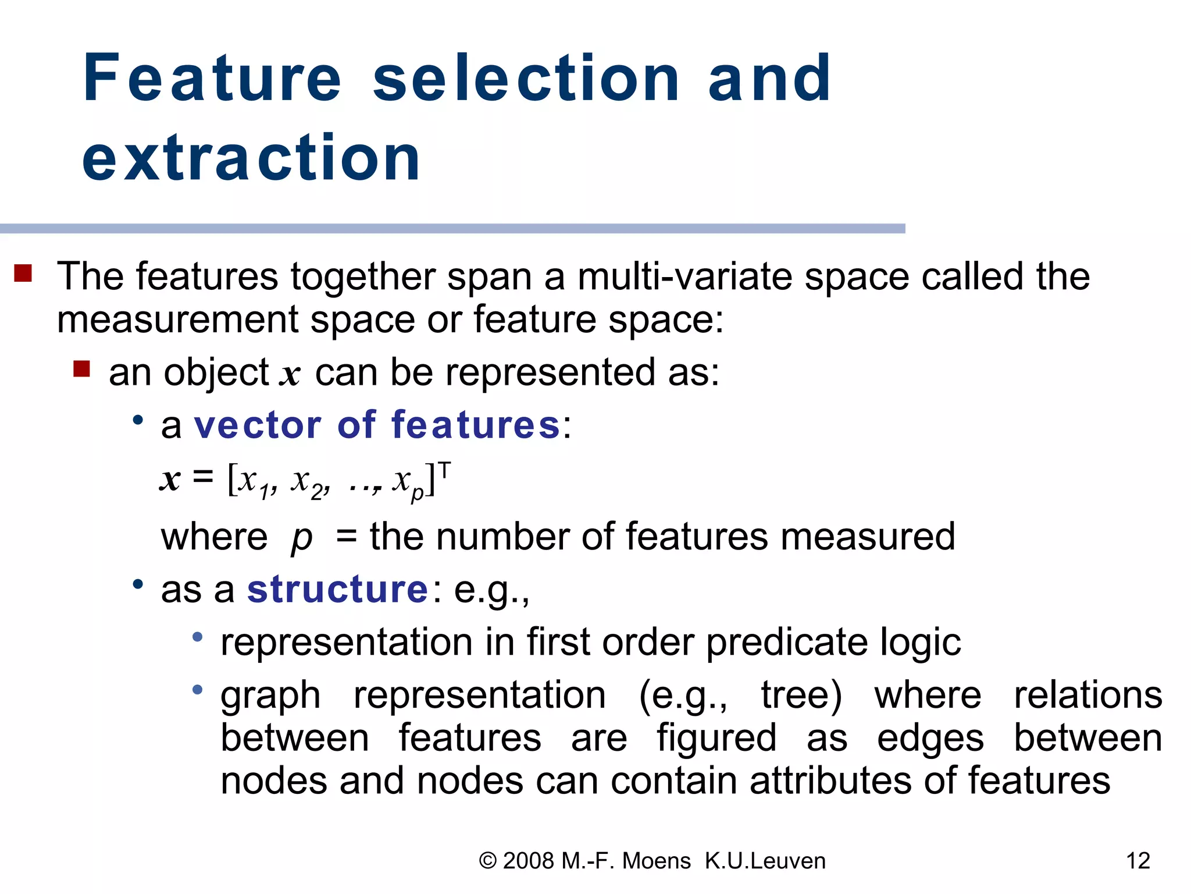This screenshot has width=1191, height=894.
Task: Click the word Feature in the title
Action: pyautogui.click(x=212, y=79)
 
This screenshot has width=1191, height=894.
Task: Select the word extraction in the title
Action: pyautogui.click(x=251, y=158)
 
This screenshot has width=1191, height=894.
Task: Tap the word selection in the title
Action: pyautogui.click(x=526, y=79)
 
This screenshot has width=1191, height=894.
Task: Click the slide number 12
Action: pyautogui.click(x=1138, y=861)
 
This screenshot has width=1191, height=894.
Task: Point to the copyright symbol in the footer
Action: pyautogui.click(x=488, y=861)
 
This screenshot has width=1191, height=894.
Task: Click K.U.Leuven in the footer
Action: pyautogui.click(x=765, y=861)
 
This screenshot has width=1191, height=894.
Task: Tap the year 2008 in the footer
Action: pyautogui.click(x=528, y=861)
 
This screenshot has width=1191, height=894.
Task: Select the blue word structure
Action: pyautogui.click(x=338, y=589)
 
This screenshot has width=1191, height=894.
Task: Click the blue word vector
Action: pyautogui.click(x=258, y=425)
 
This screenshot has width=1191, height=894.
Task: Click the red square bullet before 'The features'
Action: pyautogui.click(x=23, y=273)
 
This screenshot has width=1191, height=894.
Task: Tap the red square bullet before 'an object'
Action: pyautogui.click(x=81, y=369)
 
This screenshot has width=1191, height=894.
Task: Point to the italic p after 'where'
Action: pyautogui.click(x=301, y=537)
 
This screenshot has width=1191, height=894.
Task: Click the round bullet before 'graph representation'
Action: pyautogui.click(x=198, y=690)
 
